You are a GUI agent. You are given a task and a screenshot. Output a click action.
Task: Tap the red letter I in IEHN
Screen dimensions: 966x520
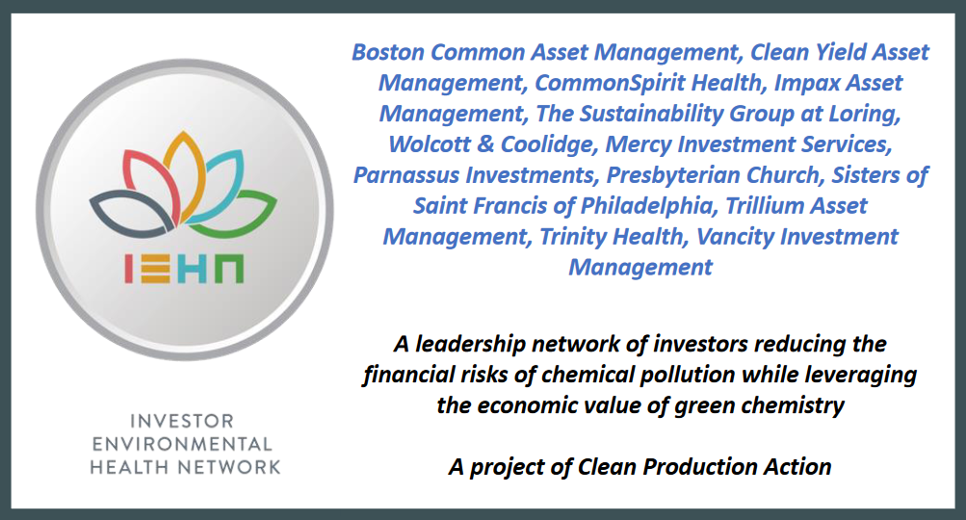pos(128,270)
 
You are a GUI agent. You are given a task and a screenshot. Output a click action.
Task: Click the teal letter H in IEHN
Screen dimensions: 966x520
pos(193,270)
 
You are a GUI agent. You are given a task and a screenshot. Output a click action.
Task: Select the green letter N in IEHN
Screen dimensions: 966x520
pos(230,270)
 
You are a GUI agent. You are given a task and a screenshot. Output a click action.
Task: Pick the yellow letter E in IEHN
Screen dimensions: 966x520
pos(155,270)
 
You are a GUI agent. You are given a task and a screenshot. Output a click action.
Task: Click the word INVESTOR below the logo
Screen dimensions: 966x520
pos(182,421)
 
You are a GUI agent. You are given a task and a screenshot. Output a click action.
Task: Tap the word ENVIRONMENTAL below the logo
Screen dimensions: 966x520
pos(182,444)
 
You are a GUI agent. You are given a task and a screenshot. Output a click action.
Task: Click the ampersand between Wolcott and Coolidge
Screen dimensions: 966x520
pos(485,144)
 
